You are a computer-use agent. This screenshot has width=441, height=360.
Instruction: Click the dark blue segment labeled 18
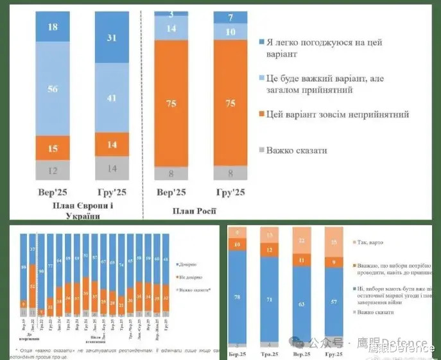point(53,28)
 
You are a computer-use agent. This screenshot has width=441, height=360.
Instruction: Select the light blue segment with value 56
point(53,89)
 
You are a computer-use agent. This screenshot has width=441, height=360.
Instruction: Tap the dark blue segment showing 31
point(112,38)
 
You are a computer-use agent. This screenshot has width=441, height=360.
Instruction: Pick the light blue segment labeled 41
point(112,98)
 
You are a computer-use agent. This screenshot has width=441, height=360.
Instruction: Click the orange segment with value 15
point(53,148)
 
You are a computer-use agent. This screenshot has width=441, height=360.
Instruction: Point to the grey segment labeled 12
point(53,171)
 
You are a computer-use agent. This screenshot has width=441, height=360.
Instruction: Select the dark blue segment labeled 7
point(230,18)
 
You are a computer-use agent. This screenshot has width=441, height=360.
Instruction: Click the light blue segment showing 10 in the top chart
point(230,32)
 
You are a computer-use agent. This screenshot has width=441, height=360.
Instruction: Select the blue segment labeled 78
point(239,297)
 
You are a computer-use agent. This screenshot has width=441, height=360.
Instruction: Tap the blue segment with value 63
point(302,304)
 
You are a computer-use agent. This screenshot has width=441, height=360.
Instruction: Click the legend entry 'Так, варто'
point(374,242)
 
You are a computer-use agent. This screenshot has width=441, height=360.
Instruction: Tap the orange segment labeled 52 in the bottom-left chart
point(33,286)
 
